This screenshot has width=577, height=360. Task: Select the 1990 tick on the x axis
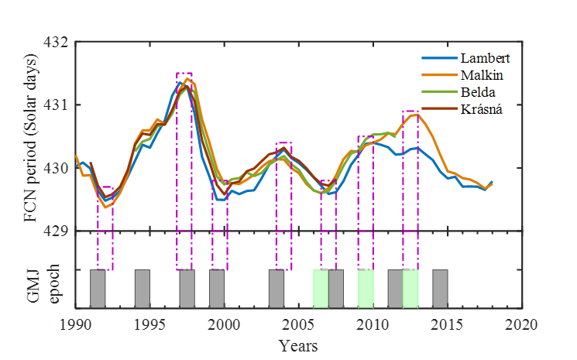[76, 321]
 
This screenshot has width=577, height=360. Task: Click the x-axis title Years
[299, 344]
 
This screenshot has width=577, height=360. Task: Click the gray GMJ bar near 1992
[98, 289]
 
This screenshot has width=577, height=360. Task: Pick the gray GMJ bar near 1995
[143, 289]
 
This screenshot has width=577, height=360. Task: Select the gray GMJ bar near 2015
[440, 289]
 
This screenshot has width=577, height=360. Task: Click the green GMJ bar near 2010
[366, 289]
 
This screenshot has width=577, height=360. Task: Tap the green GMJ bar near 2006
[321, 289]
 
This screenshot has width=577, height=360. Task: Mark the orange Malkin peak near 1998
[187, 78]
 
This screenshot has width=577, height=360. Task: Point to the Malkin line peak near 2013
[415, 115]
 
